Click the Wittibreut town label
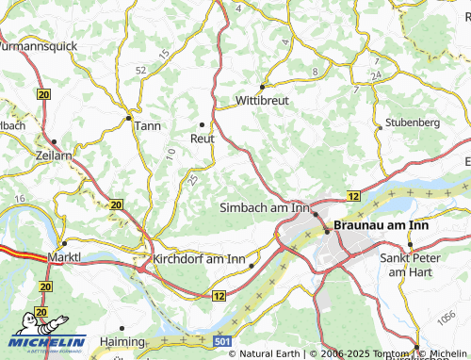coord(262,99)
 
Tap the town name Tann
coord(148,126)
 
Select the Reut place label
coord(203,138)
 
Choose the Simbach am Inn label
coord(264,206)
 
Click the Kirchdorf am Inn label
coord(201,258)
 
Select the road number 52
coord(141,70)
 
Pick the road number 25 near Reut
coord(193,178)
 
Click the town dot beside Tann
coord(128,118)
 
